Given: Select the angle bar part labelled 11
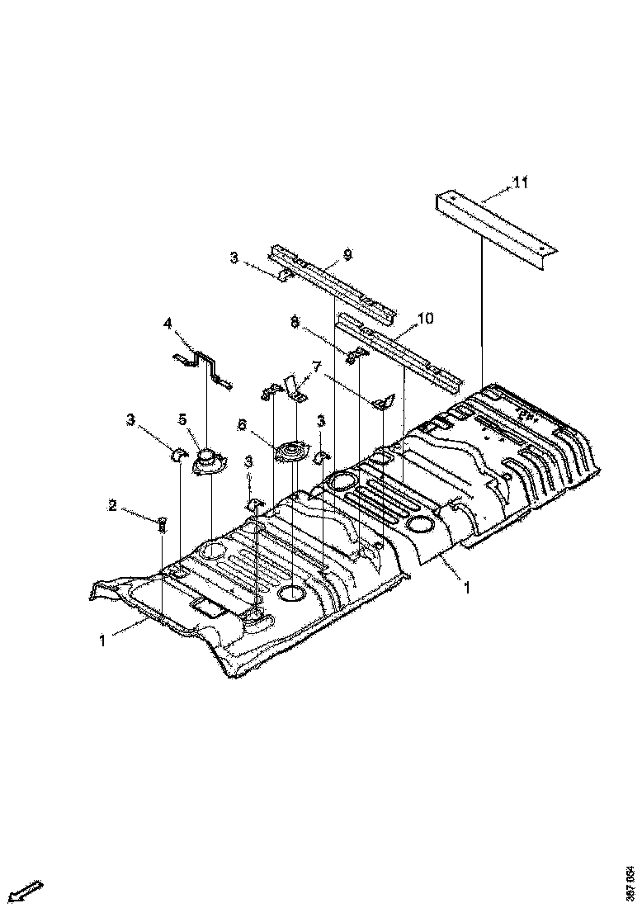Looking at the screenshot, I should (x=495, y=224).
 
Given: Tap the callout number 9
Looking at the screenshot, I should (x=347, y=254).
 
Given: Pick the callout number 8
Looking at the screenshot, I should (x=295, y=322).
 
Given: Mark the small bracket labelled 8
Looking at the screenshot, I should (x=356, y=356).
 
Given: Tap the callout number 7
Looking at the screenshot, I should (x=315, y=367).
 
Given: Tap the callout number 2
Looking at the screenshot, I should (x=112, y=505).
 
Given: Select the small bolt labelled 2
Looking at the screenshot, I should (x=161, y=523).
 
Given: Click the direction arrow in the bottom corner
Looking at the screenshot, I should (x=28, y=891).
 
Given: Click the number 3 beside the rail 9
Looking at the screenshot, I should (x=234, y=259).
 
